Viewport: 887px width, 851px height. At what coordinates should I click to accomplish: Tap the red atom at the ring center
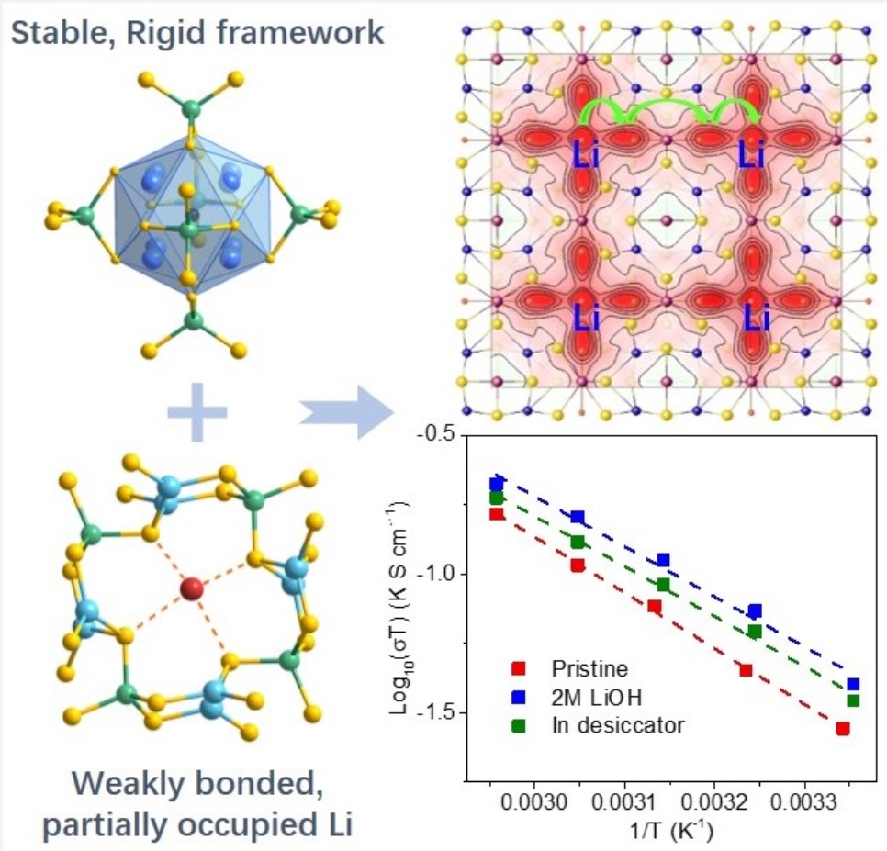click(x=192, y=588)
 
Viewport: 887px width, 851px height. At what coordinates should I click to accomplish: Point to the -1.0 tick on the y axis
click(x=435, y=575)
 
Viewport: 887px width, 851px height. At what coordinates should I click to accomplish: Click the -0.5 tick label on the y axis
click(x=435, y=434)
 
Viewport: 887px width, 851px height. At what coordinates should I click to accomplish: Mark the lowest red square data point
click(x=842, y=729)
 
